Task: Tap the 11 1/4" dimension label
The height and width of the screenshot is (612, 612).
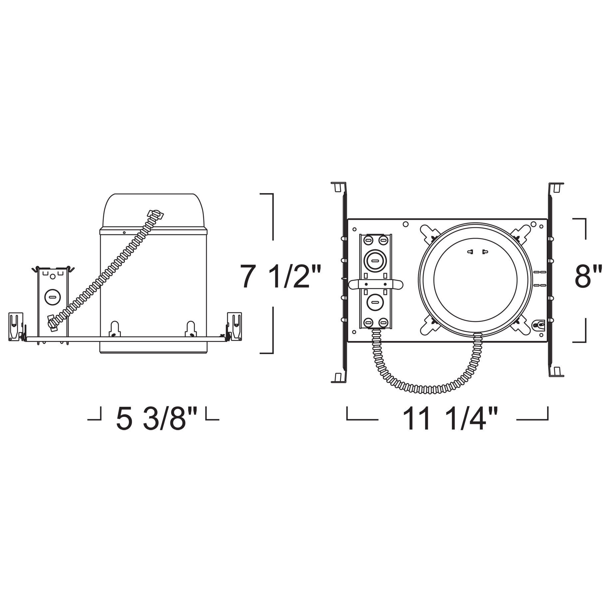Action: (450, 419)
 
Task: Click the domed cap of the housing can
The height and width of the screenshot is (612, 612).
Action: (153, 211)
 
